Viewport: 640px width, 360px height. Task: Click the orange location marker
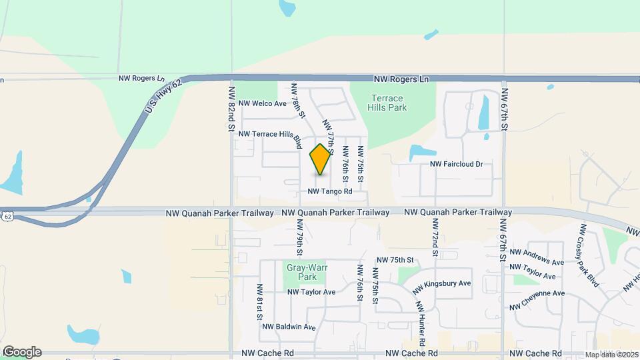click(x=321, y=159)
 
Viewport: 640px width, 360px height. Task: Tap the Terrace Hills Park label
click(x=388, y=102)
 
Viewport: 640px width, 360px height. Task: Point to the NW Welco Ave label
click(x=262, y=103)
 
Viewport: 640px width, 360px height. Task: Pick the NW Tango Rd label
click(x=330, y=191)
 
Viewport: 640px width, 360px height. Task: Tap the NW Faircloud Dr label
click(x=456, y=163)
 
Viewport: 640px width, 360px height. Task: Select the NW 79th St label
click(x=300, y=243)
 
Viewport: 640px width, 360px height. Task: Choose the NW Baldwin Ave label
click(x=289, y=327)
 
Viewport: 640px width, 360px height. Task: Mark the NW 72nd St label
click(x=434, y=243)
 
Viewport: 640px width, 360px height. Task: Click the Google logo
click(x=21, y=352)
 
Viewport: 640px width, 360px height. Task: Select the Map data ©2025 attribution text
click(x=612, y=355)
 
